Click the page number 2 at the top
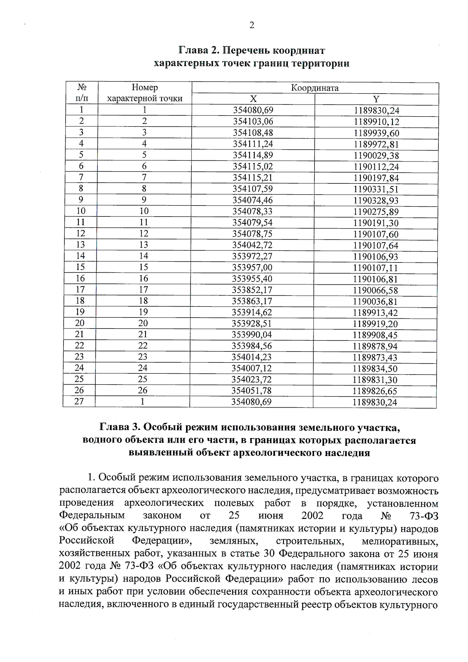click(252, 26)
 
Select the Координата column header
click(315, 88)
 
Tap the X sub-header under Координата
click(253, 99)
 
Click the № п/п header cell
click(82, 92)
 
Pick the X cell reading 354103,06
click(253, 121)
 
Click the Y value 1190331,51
click(376, 189)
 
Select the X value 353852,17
click(252, 290)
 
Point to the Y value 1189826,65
click(375, 391)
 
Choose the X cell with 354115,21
click(253, 177)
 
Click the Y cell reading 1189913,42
click(376, 312)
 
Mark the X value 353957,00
click(252, 268)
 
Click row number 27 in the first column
click(79, 401)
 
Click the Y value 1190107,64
click(376, 245)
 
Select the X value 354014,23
click(252, 357)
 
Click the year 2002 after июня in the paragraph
click(312, 516)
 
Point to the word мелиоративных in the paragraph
click(399, 541)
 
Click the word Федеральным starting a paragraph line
click(92, 516)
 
